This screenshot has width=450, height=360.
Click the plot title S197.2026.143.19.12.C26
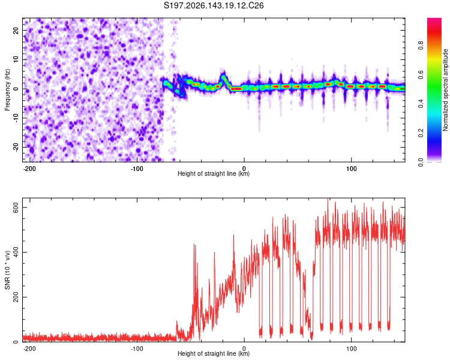pyautogui.click(x=214, y=5)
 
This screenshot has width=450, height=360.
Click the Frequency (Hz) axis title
pyautogui.click(x=7, y=90)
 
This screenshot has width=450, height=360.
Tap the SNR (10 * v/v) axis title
pyautogui.click(x=7, y=270)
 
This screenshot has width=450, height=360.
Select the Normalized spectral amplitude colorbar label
pyautogui.click(x=445, y=90)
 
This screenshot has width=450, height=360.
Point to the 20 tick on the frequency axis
pyautogui.click(x=16, y=30)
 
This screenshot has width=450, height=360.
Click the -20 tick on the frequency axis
pyautogui.click(x=16, y=147)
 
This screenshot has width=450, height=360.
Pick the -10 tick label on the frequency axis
pyautogui.click(x=16, y=118)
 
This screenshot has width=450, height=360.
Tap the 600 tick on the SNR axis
pyautogui.click(x=16, y=207)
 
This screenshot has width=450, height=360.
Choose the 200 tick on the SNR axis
pyautogui.click(x=16, y=297)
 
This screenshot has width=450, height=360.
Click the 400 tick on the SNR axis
pyautogui.click(x=16, y=253)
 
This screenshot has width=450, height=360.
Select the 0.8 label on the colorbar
pyautogui.click(x=421, y=46)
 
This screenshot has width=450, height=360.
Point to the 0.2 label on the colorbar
pyautogui.click(x=421, y=133)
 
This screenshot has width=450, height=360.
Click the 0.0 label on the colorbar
pyautogui.click(x=421, y=162)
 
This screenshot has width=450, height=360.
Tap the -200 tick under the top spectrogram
pyautogui.click(x=29, y=169)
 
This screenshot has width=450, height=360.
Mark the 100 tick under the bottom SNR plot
pyautogui.click(x=351, y=349)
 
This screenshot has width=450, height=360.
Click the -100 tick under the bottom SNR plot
pyautogui.click(x=137, y=349)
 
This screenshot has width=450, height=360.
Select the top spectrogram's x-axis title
pyautogui.click(x=214, y=173)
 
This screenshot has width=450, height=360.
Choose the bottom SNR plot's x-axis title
pyautogui.click(x=214, y=353)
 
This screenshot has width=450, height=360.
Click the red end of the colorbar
pyautogui.click(x=434, y=22)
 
